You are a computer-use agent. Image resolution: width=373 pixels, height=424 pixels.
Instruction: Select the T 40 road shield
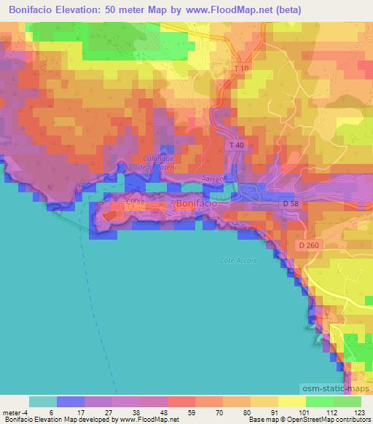(x=236, y=146)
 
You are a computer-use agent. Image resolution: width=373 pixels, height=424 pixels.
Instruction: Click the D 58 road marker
(x=291, y=205)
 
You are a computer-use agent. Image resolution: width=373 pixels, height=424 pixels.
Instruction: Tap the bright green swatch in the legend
(x=319, y=401)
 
